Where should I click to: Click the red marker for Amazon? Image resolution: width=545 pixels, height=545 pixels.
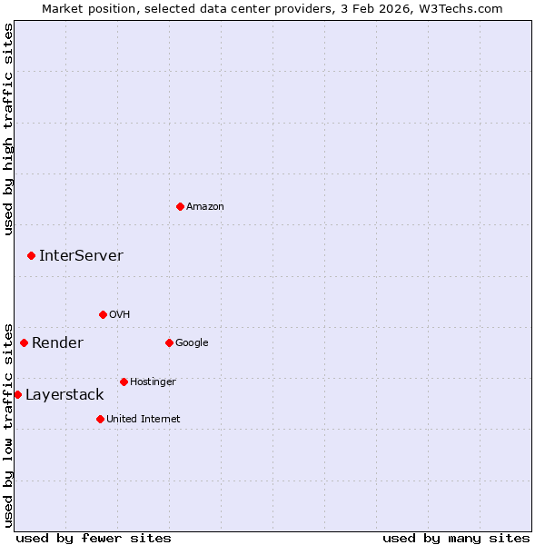coord(180,206)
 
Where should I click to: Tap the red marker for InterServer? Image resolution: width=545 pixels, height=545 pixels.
coord(31,256)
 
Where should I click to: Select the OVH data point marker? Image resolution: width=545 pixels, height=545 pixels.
coord(103,314)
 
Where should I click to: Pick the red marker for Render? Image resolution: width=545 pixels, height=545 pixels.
coord(24,342)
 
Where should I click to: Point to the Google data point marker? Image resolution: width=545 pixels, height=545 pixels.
coord(169,342)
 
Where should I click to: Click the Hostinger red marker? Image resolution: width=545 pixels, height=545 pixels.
coord(124,381)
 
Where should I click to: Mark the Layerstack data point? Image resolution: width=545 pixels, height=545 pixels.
coord(17,394)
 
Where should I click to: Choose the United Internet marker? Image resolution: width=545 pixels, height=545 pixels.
coord(100,419)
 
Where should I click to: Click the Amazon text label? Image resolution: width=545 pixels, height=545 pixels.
coord(205,207)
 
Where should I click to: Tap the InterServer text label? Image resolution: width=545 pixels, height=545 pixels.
coord(81,256)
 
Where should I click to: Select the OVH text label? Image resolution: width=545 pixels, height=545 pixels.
coord(119,315)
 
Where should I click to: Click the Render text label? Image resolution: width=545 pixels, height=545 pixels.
coord(57,343)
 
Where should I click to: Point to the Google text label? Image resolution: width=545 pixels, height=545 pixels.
coord(192,343)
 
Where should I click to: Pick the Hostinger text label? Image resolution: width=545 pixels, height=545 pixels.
coord(153,382)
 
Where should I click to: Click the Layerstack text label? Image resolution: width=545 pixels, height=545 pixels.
coord(64,395)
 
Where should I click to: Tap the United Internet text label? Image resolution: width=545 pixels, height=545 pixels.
coord(143,420)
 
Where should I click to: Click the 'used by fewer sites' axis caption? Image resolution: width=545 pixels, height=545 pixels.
coord(94,538)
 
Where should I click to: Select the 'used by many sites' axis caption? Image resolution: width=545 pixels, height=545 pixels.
coord(456,538)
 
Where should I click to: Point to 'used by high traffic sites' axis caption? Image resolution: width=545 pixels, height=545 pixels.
coord(8,129)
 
